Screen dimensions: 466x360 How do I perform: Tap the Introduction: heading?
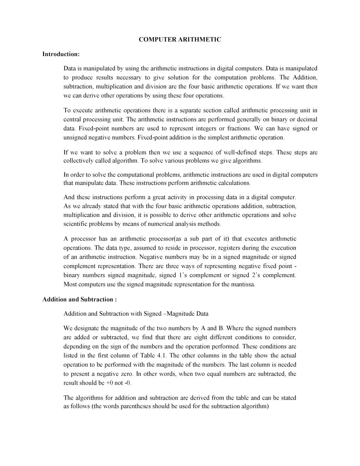coord(61,54)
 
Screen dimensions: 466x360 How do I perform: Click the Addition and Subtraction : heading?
coord(79,299)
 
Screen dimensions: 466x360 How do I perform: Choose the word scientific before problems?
coord(75,224)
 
